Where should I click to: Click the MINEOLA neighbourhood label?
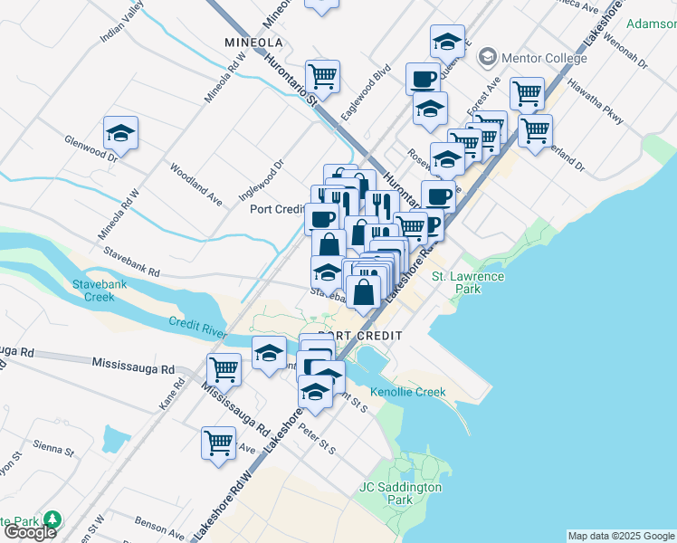253,43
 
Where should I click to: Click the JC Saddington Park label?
400,493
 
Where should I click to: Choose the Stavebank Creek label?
94,291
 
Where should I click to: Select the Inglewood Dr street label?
261,177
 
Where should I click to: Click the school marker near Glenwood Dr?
120,134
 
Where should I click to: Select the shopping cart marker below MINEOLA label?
322,77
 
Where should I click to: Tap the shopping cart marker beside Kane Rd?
224,369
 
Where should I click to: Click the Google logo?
29,532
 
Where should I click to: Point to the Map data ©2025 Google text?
621,536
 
